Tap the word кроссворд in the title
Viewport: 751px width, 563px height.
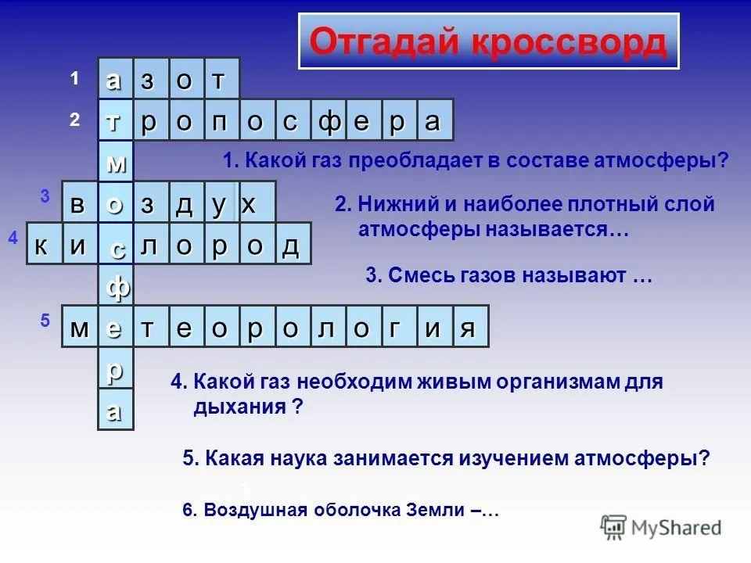(x=569, y=42)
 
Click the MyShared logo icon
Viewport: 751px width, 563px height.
(x=613, y=528)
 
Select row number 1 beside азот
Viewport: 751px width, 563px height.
(x=74, y=78)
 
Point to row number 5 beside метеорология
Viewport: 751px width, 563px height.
(x=45, y=320)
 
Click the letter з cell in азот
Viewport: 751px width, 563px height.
(x=151, y=78)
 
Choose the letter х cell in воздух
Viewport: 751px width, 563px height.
(x=257, y=202)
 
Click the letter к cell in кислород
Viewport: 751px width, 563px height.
(x=45, y=244)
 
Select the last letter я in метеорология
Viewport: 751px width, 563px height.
(x=470, y=326)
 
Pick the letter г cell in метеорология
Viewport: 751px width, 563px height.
(x=400, y=326)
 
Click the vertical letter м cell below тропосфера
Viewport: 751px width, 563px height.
(x=116, y=161)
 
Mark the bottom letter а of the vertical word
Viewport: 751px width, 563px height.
(x=116, y=409)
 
